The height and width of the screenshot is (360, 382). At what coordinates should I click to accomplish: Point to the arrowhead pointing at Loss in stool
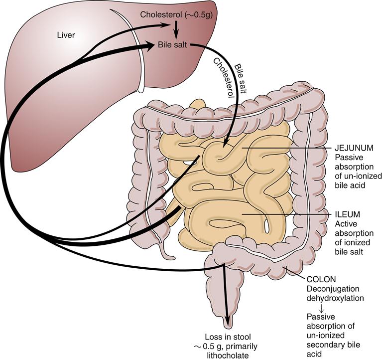tap(229, 320)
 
